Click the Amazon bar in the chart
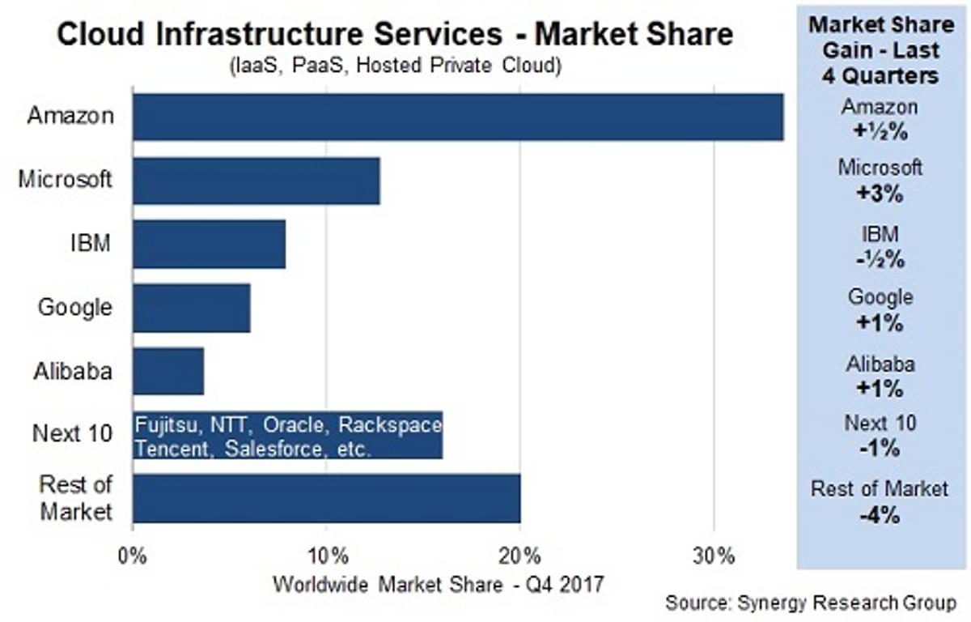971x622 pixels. (458, 117)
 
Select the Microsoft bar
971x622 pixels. (257, 181)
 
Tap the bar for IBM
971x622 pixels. (210, 245)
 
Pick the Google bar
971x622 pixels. (192, 308)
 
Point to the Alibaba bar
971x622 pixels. (168, 371)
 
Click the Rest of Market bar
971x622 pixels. (326, 499)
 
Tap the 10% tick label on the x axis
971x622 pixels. (326, 557)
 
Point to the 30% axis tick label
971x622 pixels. (714, 557)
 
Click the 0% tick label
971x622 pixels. (133, 557)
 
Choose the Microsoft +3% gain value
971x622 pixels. (880, 195)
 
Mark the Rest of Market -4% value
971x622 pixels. (880, 514)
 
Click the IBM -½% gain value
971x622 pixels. (880, 260)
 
